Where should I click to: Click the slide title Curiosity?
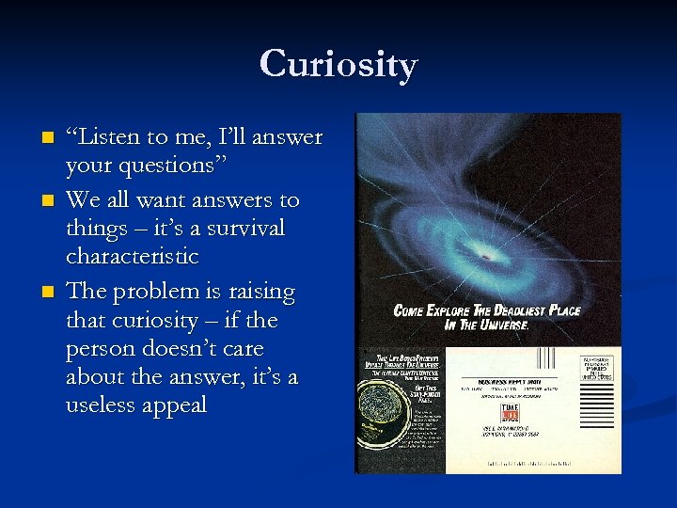[338, 65]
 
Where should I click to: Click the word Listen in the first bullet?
[109, 138]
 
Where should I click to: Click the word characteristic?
[133, 256]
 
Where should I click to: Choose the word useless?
[103, 405]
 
